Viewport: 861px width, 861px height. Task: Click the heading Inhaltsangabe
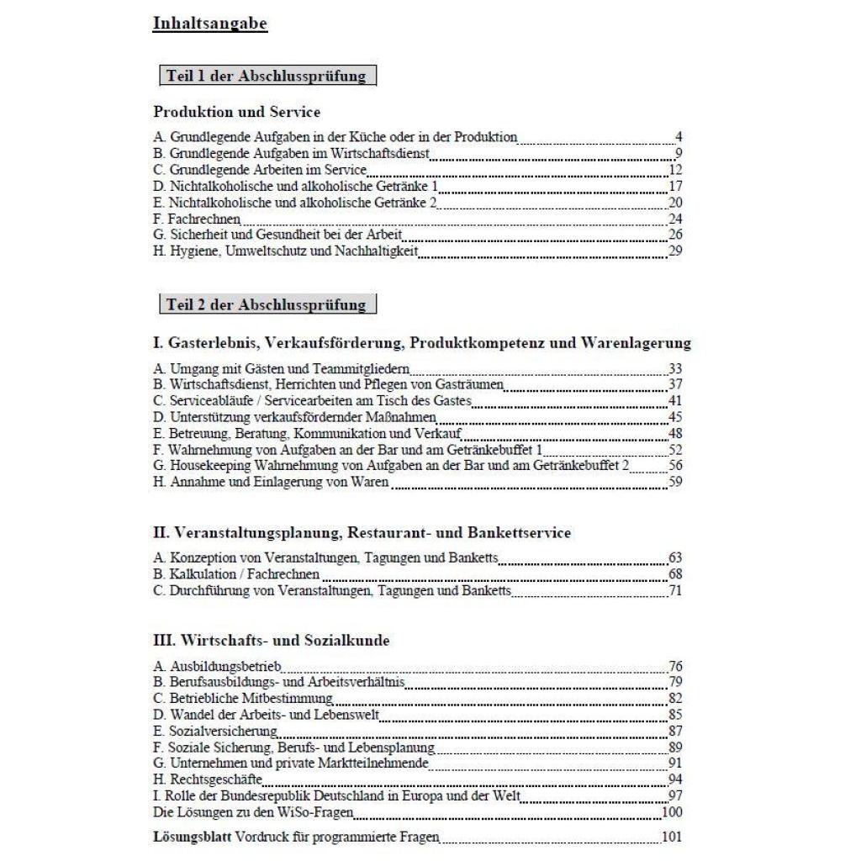(x=209, y=24)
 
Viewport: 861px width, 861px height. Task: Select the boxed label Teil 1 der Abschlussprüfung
(x=267, y=76)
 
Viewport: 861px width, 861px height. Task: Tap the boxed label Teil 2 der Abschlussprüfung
(x=267, y=304)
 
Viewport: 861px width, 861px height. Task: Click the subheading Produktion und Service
(x=236, y=111)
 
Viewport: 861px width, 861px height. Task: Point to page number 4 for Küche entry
(x=678, y=137)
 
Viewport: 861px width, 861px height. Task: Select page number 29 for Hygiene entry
(x=674, y=251)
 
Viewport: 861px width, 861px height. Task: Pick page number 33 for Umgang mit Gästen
(x=674, y=368)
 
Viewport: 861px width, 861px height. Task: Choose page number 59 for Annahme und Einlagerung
(x=674, y=482)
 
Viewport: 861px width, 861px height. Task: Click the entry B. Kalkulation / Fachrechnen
(x=236, y=574)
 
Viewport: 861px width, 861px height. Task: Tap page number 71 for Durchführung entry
(x=674, y=591)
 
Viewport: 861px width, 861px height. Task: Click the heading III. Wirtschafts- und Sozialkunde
(x=272, y=641)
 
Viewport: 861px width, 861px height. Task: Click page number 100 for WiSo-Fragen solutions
(x=671, y=812)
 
